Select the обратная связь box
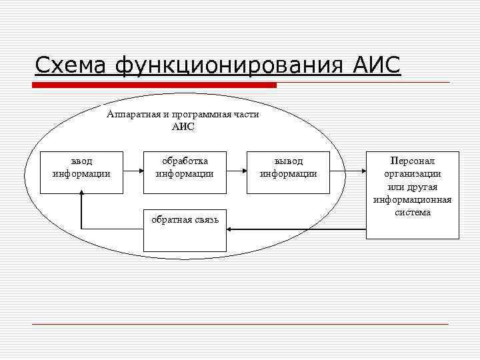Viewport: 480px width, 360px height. point(185,231)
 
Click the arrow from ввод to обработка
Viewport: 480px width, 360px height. point(133,171)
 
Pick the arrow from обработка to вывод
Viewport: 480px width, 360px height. point(236,171)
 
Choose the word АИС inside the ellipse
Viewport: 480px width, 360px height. point(183,127)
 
